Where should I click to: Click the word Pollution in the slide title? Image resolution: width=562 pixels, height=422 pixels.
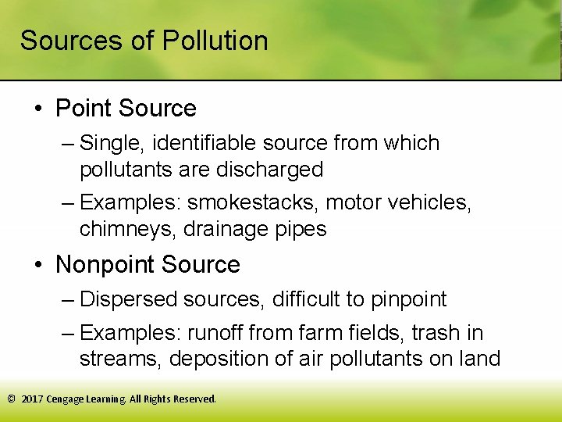coord(215,41)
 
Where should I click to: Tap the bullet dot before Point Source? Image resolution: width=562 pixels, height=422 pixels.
coord(38,109)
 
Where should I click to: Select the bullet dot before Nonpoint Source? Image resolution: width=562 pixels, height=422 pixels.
coord(38,265)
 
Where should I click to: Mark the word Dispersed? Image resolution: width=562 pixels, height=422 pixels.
coord(129,299)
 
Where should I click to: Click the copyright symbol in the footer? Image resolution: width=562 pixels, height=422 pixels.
coord(11,399)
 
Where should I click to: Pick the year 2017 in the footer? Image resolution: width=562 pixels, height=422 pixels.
coord(32,399)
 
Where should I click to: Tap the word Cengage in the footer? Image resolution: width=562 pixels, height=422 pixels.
coord(66,399)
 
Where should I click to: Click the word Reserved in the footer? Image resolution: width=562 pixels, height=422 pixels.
coord(194,399)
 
